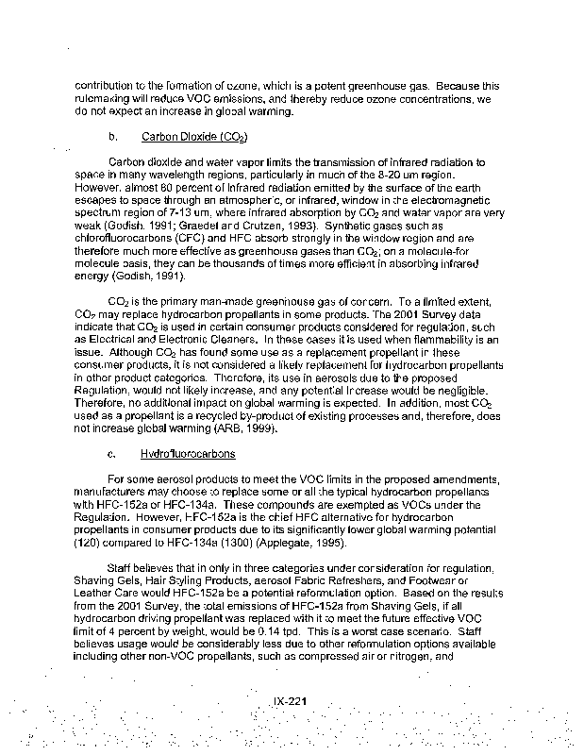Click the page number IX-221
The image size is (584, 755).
[292, 702]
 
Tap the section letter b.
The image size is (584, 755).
[112, 137]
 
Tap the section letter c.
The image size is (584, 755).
[112, 454]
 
